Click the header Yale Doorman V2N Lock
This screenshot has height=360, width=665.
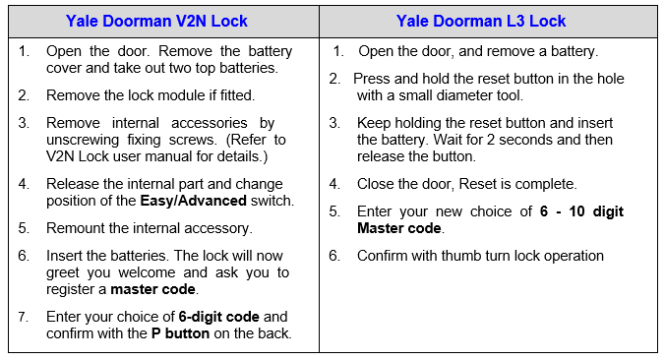156,21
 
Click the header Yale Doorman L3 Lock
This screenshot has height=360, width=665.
481,21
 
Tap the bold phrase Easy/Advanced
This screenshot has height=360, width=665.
194,201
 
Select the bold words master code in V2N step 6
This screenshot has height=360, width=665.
152,289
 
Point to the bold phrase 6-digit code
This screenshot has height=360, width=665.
218,317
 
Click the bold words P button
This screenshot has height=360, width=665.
181,333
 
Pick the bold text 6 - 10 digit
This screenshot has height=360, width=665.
581,211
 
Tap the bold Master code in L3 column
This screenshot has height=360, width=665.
399,228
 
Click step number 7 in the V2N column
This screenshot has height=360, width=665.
23,317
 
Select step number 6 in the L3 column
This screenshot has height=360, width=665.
334,256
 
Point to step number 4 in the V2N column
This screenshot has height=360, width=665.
23,184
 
